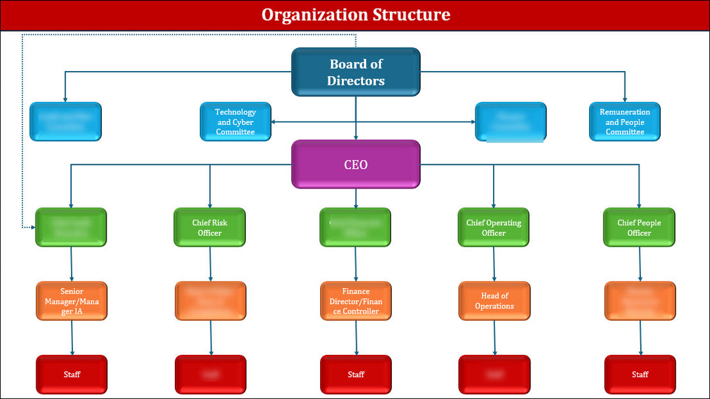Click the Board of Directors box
point(356,72)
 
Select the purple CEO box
point(356,164)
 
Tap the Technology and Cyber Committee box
point(235,122)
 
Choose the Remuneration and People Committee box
point(625,122)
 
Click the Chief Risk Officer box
point(210,227)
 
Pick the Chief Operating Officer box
point(494,227)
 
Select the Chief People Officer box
point(639,227)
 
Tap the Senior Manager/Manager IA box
point(72,301)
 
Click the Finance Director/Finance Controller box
point(356,301)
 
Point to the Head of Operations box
point(494,301)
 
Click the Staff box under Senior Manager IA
point(72,375)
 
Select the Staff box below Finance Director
point(356,375)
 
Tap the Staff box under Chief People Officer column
point(640,375)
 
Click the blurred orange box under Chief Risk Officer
point(210,301)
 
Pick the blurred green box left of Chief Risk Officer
point(70,227)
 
